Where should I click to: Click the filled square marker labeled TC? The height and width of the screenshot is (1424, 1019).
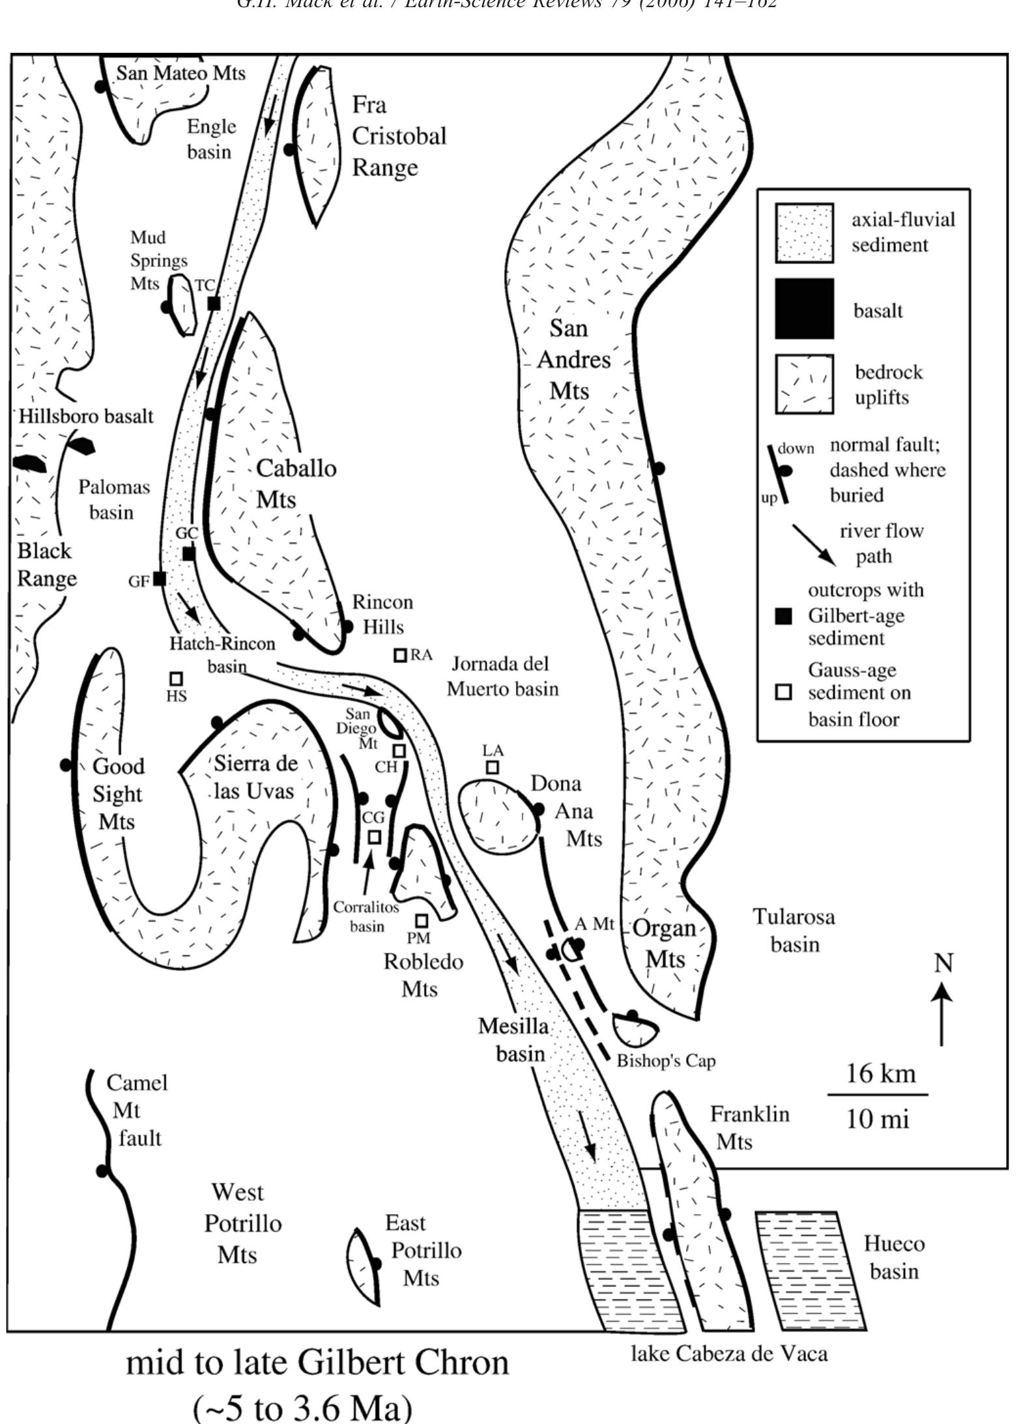(214, 303)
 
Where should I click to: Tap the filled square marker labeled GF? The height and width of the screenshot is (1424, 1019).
(159, 579)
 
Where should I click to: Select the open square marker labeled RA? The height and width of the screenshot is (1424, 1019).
(400, 655)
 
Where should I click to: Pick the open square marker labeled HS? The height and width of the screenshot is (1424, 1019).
(176, 679)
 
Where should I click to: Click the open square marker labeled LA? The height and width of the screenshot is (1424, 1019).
(493, 768)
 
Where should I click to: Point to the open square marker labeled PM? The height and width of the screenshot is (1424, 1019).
(422, 920)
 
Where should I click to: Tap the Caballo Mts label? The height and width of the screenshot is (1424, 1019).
(296, 484)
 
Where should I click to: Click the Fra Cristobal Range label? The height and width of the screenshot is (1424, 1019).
(399, 136)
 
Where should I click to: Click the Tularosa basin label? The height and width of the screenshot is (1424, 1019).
(794, 930)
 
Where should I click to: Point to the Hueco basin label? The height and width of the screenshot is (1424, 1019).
(893, 1257)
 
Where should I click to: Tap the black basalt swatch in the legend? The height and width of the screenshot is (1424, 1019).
(804, 309)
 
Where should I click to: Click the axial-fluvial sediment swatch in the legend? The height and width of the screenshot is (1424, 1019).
(804, 233)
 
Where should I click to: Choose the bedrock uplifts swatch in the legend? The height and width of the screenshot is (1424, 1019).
(804, 385)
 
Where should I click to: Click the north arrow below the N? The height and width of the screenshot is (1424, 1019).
(941, 1014)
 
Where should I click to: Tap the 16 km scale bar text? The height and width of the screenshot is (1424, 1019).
(880, 1072)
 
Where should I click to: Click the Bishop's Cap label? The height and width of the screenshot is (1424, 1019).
(666, 1061)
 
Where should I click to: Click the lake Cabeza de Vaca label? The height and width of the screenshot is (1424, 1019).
(729, 1354)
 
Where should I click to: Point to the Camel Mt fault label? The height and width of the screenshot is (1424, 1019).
(137, 1110)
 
